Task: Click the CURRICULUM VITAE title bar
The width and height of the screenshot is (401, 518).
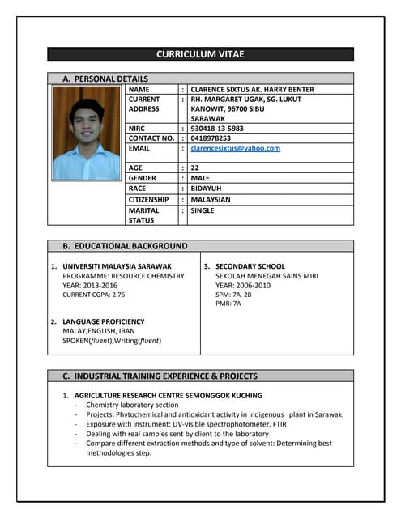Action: coord(200,54)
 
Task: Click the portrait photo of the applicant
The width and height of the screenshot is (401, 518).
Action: coord(86,133)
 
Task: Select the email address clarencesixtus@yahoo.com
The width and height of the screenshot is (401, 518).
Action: coord(235,148)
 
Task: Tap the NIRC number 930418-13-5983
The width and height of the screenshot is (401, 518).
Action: coord(216,129)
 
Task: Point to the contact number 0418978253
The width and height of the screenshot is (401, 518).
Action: coord(210,138)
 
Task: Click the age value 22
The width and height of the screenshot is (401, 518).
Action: coord(195,168)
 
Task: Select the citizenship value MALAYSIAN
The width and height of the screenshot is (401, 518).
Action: coord(210,199)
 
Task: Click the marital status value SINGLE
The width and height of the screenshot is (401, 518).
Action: coord(203,210)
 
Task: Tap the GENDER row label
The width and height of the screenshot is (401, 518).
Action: coord(143,178)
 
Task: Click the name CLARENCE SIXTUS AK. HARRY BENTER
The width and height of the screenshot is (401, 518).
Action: coord(251,89)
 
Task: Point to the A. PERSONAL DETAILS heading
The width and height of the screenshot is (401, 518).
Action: coord(105,79)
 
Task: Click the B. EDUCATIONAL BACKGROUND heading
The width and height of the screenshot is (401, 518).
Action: coord(125,245)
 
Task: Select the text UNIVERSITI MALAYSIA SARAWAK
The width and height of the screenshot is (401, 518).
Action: coord(117,266)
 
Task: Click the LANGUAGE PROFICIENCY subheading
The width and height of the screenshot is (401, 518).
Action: coord(104,321)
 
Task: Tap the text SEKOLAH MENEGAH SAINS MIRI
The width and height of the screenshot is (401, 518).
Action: coord(267,275)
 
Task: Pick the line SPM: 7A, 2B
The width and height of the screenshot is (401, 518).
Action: coord(233,295)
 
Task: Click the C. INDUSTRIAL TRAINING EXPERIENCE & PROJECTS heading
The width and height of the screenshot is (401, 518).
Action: coord(160,376)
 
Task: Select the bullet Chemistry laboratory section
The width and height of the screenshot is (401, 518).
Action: coord(132,405)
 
